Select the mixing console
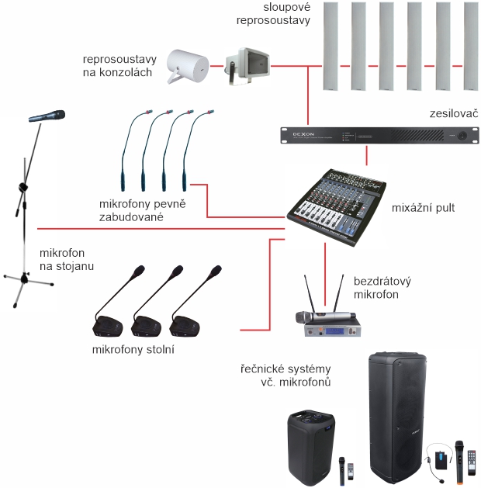[x=336, y=205]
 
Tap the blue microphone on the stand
[x=47, y=116]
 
